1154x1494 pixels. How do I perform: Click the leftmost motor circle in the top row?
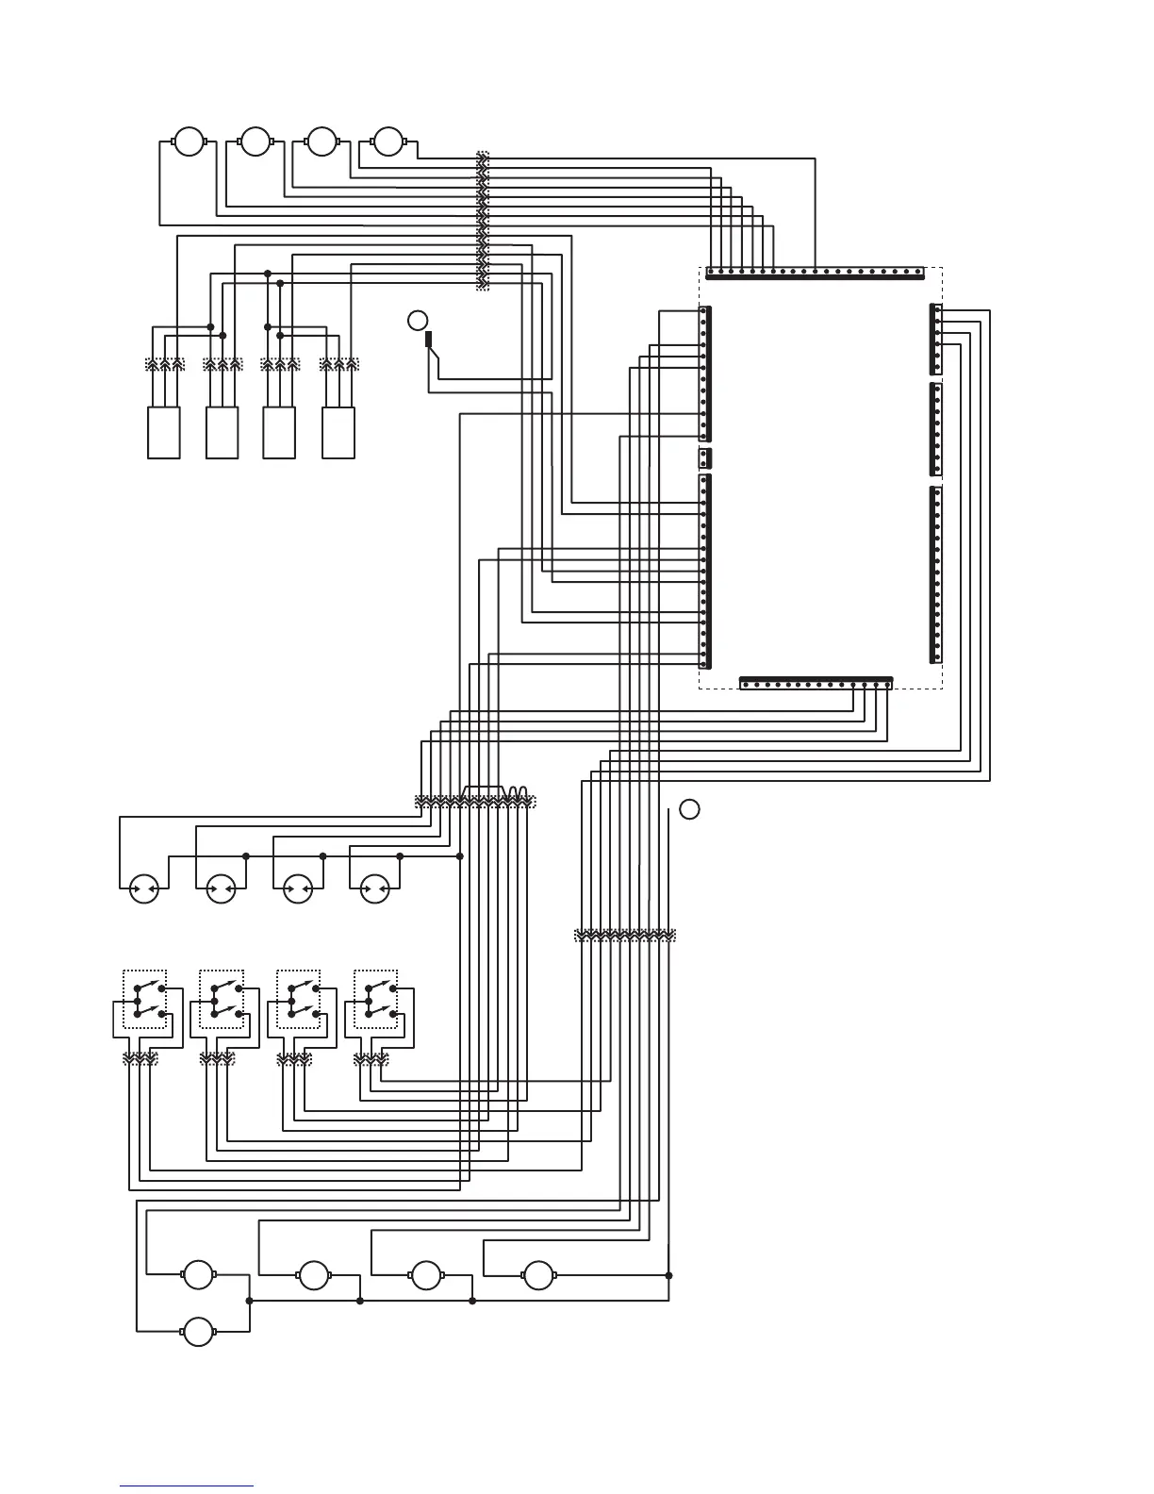[x=189, y=142]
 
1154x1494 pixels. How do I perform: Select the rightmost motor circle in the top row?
[x=387, y=142]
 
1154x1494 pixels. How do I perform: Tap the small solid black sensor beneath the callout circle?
[x=429, y=340]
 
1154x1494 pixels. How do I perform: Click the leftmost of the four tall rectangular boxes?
[x=164, y=433]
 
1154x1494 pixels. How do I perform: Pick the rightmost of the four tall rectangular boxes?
[x=338, y=433]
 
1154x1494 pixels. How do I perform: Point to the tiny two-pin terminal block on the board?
[x=704, y=458]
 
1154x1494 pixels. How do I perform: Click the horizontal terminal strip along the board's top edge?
[x=816, y=274]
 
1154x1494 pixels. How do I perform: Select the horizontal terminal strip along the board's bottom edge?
[x=816, y=683]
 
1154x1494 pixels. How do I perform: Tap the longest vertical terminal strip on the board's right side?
[x=935, y=574]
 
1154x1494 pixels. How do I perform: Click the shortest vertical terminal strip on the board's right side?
[x=935, y=338]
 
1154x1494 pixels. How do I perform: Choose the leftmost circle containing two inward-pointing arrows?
[x=143, y=888]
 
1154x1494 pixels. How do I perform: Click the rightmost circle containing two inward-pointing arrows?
[x=375, y=888]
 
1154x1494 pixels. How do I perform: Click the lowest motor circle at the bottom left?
[x=198, y=1332]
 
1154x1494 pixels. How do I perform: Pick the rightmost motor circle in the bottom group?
[x=538, y=1275]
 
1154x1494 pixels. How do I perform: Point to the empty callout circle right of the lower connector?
[x=689, y=809]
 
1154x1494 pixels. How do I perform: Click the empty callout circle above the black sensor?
[x=418, y=320]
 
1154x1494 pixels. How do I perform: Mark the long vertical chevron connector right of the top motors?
[x=483, y=221]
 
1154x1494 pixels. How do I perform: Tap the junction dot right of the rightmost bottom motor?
[x=668, y=1275]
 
